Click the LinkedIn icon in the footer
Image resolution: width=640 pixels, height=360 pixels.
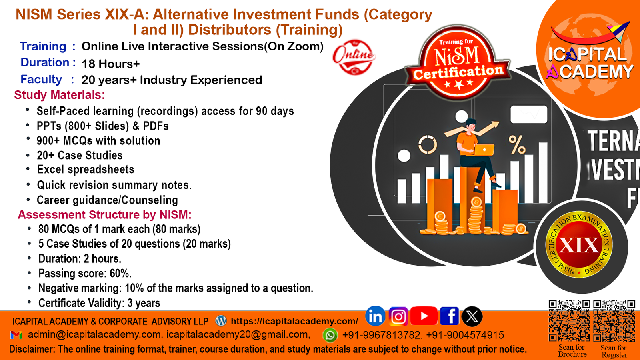coord(375,316)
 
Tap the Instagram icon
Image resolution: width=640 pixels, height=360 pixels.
coord(398,316)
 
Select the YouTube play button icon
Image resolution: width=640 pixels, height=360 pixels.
coord(424,316)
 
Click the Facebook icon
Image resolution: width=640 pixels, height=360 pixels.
coord(450,316)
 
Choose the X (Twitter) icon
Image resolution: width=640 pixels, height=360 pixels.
coord(472,316)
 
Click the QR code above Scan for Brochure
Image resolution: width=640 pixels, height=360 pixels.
coord(570,320)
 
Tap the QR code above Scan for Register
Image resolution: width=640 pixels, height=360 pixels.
coord(614,320)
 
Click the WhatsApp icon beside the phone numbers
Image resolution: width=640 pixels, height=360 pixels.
coord(330,335)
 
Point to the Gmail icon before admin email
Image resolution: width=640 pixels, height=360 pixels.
coord(16,335)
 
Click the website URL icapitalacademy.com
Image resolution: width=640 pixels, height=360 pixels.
coord(294,321)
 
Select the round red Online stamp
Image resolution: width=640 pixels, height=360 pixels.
coord(354,57)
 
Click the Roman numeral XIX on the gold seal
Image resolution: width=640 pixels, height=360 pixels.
coord(579,245)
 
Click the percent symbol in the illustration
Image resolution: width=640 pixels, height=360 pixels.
coord(517,144)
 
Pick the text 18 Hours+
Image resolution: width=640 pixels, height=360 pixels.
coord(110,64)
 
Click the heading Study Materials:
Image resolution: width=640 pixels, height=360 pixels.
coord(60,95)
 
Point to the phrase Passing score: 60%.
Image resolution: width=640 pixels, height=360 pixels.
coord(85,274)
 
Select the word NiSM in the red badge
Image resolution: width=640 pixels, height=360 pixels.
coord(456,56)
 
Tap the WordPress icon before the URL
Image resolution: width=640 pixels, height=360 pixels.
coord(221,321)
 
